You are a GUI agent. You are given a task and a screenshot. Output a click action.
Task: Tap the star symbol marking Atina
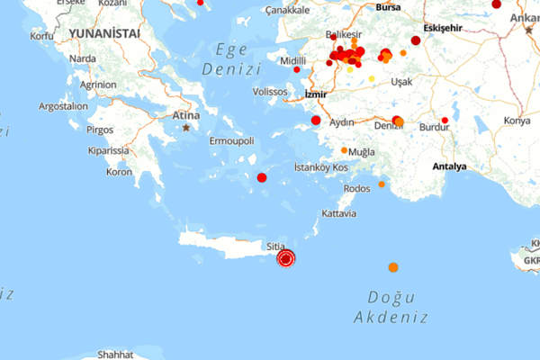pyautogui.click(x=186, y=128)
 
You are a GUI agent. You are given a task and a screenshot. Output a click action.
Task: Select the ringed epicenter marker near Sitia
pyautogui.click(x=286, y=259)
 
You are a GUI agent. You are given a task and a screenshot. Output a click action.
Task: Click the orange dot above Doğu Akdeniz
pyautogui.click(x=393, y=267)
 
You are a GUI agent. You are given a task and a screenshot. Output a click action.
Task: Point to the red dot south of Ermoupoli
pyautogui.click(x=262, y=177)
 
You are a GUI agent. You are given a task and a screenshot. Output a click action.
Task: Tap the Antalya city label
pyautogui.click(x=449, y=166)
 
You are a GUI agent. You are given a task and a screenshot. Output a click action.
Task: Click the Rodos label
pyautogui.click(x=356, y=189)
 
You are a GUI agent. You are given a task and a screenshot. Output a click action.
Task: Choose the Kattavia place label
pyautogui.click(x=338, y=214)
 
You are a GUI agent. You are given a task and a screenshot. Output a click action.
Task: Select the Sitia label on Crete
pyautogui.click(x=275, y=246)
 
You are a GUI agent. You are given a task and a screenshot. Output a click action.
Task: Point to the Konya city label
pyautogui.click(x=517, y=121)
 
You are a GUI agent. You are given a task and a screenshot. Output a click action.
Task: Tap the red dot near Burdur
pyautogui.click(x=445, y=120)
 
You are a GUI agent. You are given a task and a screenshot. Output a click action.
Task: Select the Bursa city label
pyautogui.click(x=388, y=7)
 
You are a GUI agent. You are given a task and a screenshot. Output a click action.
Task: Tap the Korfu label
pyautogui.click(x=41, y=36)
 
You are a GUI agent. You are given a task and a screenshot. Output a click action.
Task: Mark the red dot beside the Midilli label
pyautogui.click(x=297, y=69)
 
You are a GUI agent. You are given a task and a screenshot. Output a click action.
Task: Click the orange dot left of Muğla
pyautogui.click(x=344, y=150)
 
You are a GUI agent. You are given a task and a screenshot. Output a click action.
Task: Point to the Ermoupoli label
pyautogui.click(x=232, y=141)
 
